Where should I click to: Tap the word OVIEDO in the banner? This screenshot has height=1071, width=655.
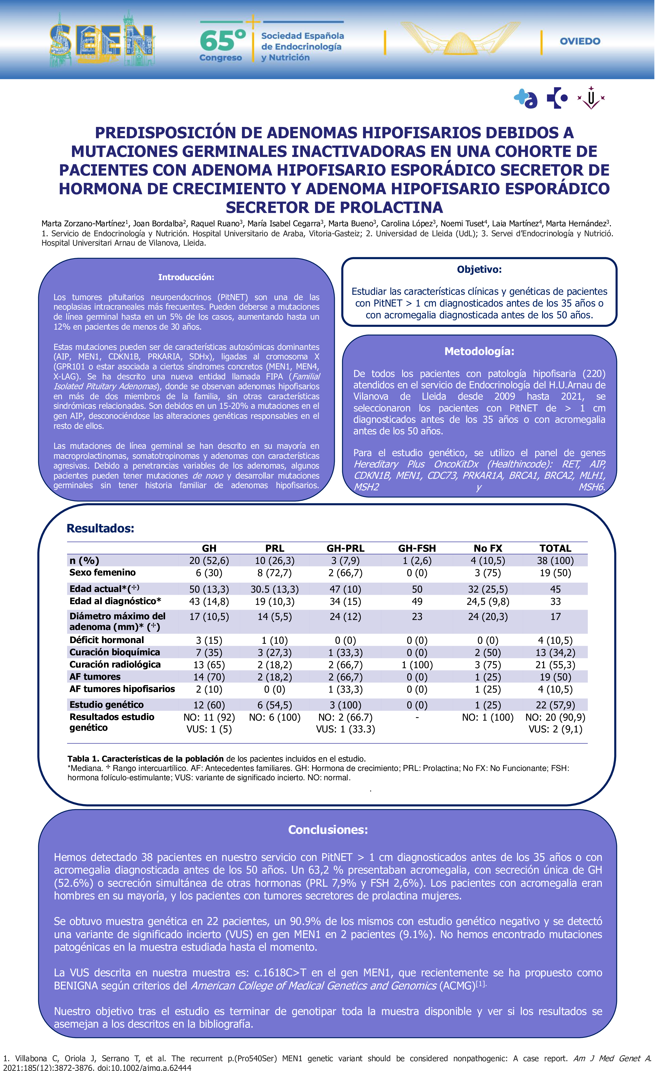(580, 41)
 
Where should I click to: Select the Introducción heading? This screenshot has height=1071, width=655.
(186, 277)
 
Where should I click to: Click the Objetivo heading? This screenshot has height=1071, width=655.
(479, 269)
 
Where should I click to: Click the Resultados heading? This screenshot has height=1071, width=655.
(100, 529)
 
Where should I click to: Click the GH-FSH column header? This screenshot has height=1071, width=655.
(417, 549)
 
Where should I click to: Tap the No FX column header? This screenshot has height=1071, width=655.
(488, 549)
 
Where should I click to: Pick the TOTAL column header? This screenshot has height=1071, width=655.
(555, 549)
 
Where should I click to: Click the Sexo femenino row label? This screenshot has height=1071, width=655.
(102, 572)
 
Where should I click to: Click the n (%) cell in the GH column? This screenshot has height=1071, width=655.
(209, 561)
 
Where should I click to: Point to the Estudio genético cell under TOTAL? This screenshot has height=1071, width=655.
(555, 705)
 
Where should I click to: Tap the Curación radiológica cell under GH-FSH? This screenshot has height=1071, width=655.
(417, 665)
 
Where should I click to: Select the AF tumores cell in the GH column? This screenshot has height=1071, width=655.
(209, 677)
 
